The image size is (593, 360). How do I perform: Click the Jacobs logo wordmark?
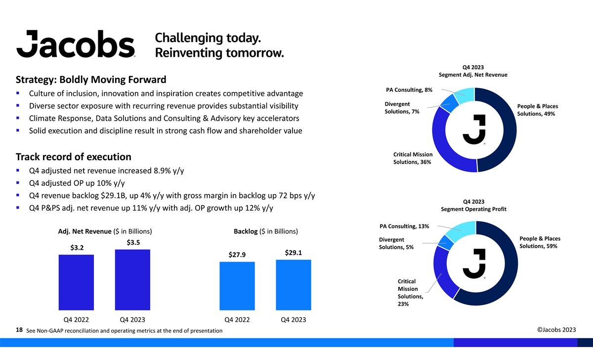tap(76, 43)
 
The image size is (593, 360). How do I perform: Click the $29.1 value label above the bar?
tap(294, 253)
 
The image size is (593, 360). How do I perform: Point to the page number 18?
tap(20, 329)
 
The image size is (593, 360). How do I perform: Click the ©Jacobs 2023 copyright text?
tap(556, 330)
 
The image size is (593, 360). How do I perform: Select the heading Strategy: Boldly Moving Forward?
tap(91, 80)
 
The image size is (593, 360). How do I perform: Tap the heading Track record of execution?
tap(73, 157)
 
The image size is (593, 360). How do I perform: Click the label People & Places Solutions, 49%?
tap(537, 110)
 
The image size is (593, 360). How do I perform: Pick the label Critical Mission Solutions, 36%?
tap(413, 158)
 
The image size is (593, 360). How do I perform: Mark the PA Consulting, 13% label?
tap(404, 226)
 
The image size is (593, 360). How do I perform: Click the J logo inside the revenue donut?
tap(474, 130)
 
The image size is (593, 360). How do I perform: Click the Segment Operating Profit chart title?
tap(473, 209)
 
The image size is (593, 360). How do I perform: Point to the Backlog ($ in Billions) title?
tap(265, 231)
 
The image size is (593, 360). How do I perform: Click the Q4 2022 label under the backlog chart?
tap(237, 319)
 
